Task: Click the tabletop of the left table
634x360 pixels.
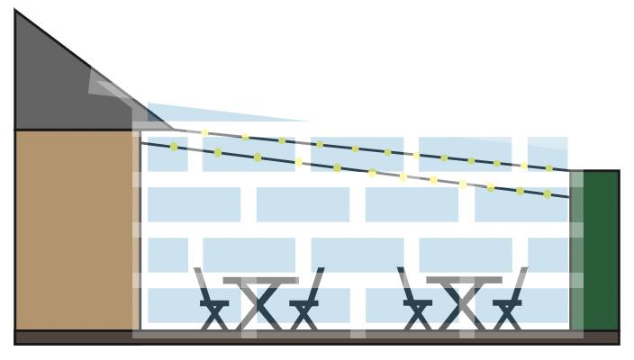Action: point(260,281)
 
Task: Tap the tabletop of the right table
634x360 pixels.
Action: point(464,281)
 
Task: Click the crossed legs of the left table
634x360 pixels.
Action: point(261,308)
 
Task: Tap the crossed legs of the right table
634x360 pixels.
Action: point(465,308)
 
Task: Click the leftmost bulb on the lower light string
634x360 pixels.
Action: point(174,147)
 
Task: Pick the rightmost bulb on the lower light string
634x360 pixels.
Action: point(547,193)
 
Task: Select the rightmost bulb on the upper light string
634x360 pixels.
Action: point(549,168)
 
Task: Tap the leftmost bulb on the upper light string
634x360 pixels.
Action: point(205,133)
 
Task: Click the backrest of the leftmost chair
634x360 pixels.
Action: point(202,283)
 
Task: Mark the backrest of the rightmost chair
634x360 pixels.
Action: point(520,283)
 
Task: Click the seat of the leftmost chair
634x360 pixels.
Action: point(214,303)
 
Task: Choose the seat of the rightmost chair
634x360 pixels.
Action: point(507,303)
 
